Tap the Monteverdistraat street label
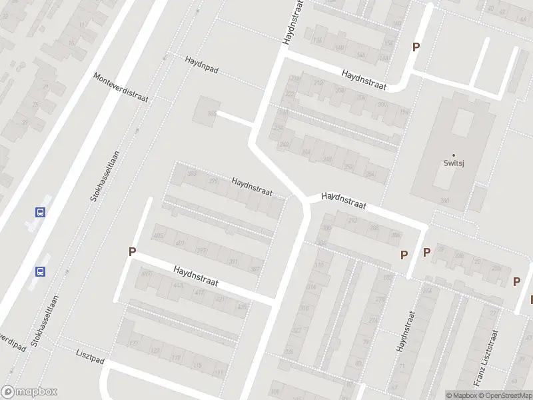pyautogui.click(x=121, y=87)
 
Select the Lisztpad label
pyautogui.click(x=90, y=353)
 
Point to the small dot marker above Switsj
pyautogui.click(x=454, y=155)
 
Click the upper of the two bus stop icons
pyautogui.click(x=41, y=212)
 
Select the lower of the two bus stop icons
pyautogui.click(x=41, y=271)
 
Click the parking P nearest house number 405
pyautogui.click(x=132, y=252)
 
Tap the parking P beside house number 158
pyautogui.click(x=416, y=47)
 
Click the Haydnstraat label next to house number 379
pyautogui.click(x=252, y=186)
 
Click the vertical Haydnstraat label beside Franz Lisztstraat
pyautogui.click(x=402, y=331)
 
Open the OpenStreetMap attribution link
pyautogui.click(x=506, y=395)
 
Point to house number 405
pyautogui.click(x=159, y=236)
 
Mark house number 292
pyautogui.click(x=352, y=221)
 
